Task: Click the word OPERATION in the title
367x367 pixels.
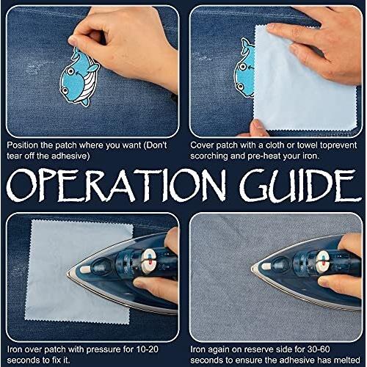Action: [x=116, y=185]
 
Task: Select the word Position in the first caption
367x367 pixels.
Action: [x=22, y=145]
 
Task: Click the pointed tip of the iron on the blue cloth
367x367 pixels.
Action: [x=68, y=274]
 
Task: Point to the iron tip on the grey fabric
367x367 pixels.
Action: [x=251, y=268]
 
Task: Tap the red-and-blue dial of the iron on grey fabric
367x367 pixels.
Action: [x=324, y=260]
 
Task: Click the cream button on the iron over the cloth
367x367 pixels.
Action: [x=85, y=270]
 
